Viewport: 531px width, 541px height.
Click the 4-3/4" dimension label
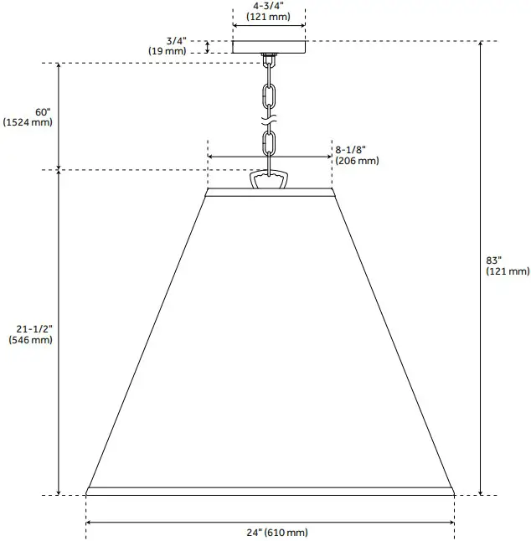click(x=268, y=5)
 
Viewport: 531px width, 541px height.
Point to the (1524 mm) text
click(x=28, y=122)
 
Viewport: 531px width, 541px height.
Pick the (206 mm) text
click(x=357, y=161)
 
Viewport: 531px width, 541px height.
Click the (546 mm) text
click(x=30, y=341)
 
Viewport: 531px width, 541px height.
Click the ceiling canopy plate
click(x=268, y=47)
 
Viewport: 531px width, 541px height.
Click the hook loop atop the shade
click(x=269, y=181)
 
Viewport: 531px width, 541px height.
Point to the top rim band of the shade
click(x=269, y=193)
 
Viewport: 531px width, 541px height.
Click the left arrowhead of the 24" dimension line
click(x=89, y=523)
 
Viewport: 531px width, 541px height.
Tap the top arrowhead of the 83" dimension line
click(x=480, y=44)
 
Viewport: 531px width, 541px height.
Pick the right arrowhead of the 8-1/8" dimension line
click(x=330, y=157)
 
